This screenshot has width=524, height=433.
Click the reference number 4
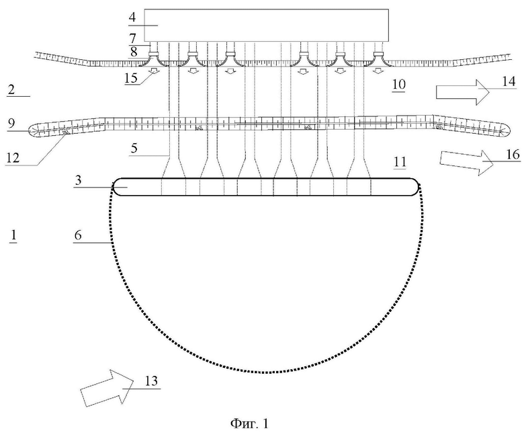tap(132, 17)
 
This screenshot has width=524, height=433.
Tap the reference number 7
tap(132, 38)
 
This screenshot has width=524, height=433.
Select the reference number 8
tap(133, 52)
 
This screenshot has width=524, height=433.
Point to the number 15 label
tap(131, 77)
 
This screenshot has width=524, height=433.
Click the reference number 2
tap(11, 89)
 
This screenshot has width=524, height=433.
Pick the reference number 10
tap(398, 84)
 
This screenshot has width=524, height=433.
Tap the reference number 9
tap(11, 124)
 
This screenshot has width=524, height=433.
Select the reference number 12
tap(13, 157)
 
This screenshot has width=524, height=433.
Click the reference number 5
tap(134, 148)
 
